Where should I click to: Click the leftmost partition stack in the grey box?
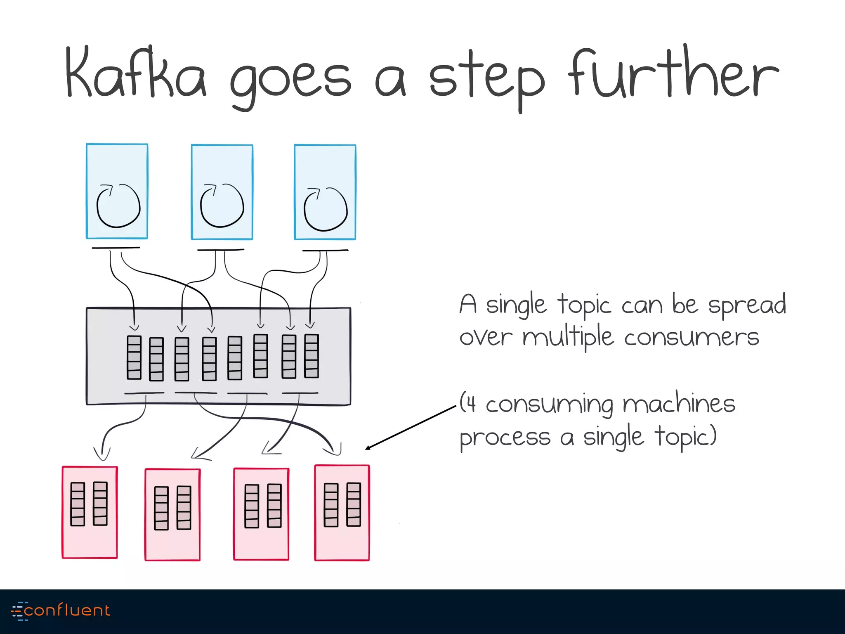pyautogui.click(x=134, y=357)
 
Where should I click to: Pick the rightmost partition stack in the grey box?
pyautogui.click(x=312, y=356)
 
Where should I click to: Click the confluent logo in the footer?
pyautogui.click(x=61, y=610)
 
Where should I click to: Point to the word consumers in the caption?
pyautogui.click(x=692, y=338)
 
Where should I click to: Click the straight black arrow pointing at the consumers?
pyautogui.click(x=411, y=428)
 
